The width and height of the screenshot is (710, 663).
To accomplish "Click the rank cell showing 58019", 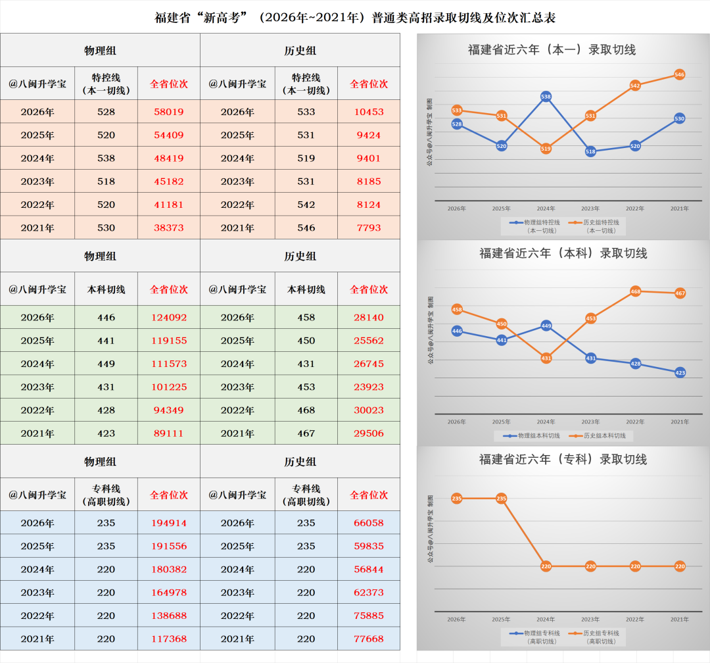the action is pos(169,112).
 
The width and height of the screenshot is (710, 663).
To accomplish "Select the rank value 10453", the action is pos(369,112).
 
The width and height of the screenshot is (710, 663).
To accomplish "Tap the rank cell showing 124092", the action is pos(169,318).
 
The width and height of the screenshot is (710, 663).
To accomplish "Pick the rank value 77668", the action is pos(369,639).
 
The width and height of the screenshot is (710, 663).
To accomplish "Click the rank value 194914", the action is pos(169,523).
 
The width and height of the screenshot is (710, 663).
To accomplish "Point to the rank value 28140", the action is pos(369,318).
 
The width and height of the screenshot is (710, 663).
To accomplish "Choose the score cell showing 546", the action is pos(306,228).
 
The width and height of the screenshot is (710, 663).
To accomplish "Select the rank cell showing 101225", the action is pos(169,387).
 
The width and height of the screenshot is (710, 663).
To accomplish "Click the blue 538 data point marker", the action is pos(546,97).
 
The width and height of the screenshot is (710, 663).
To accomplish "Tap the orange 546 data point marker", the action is pos(679,74).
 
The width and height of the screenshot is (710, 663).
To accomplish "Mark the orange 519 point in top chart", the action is pos(546,149).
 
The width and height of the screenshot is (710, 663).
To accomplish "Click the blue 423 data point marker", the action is pos(680,373).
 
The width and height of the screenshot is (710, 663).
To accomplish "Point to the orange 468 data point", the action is pos(635,291).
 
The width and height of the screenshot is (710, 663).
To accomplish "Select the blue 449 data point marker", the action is pos(546,326).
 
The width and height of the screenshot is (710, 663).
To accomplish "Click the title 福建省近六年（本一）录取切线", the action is pos(552,50).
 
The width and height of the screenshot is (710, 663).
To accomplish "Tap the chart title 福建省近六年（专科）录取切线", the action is pos(563,460).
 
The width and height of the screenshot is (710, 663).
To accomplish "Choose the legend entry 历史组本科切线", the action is pos(600,435).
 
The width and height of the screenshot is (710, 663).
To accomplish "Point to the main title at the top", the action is pos(355,18).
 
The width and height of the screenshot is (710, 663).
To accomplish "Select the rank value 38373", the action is pos(169,228).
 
